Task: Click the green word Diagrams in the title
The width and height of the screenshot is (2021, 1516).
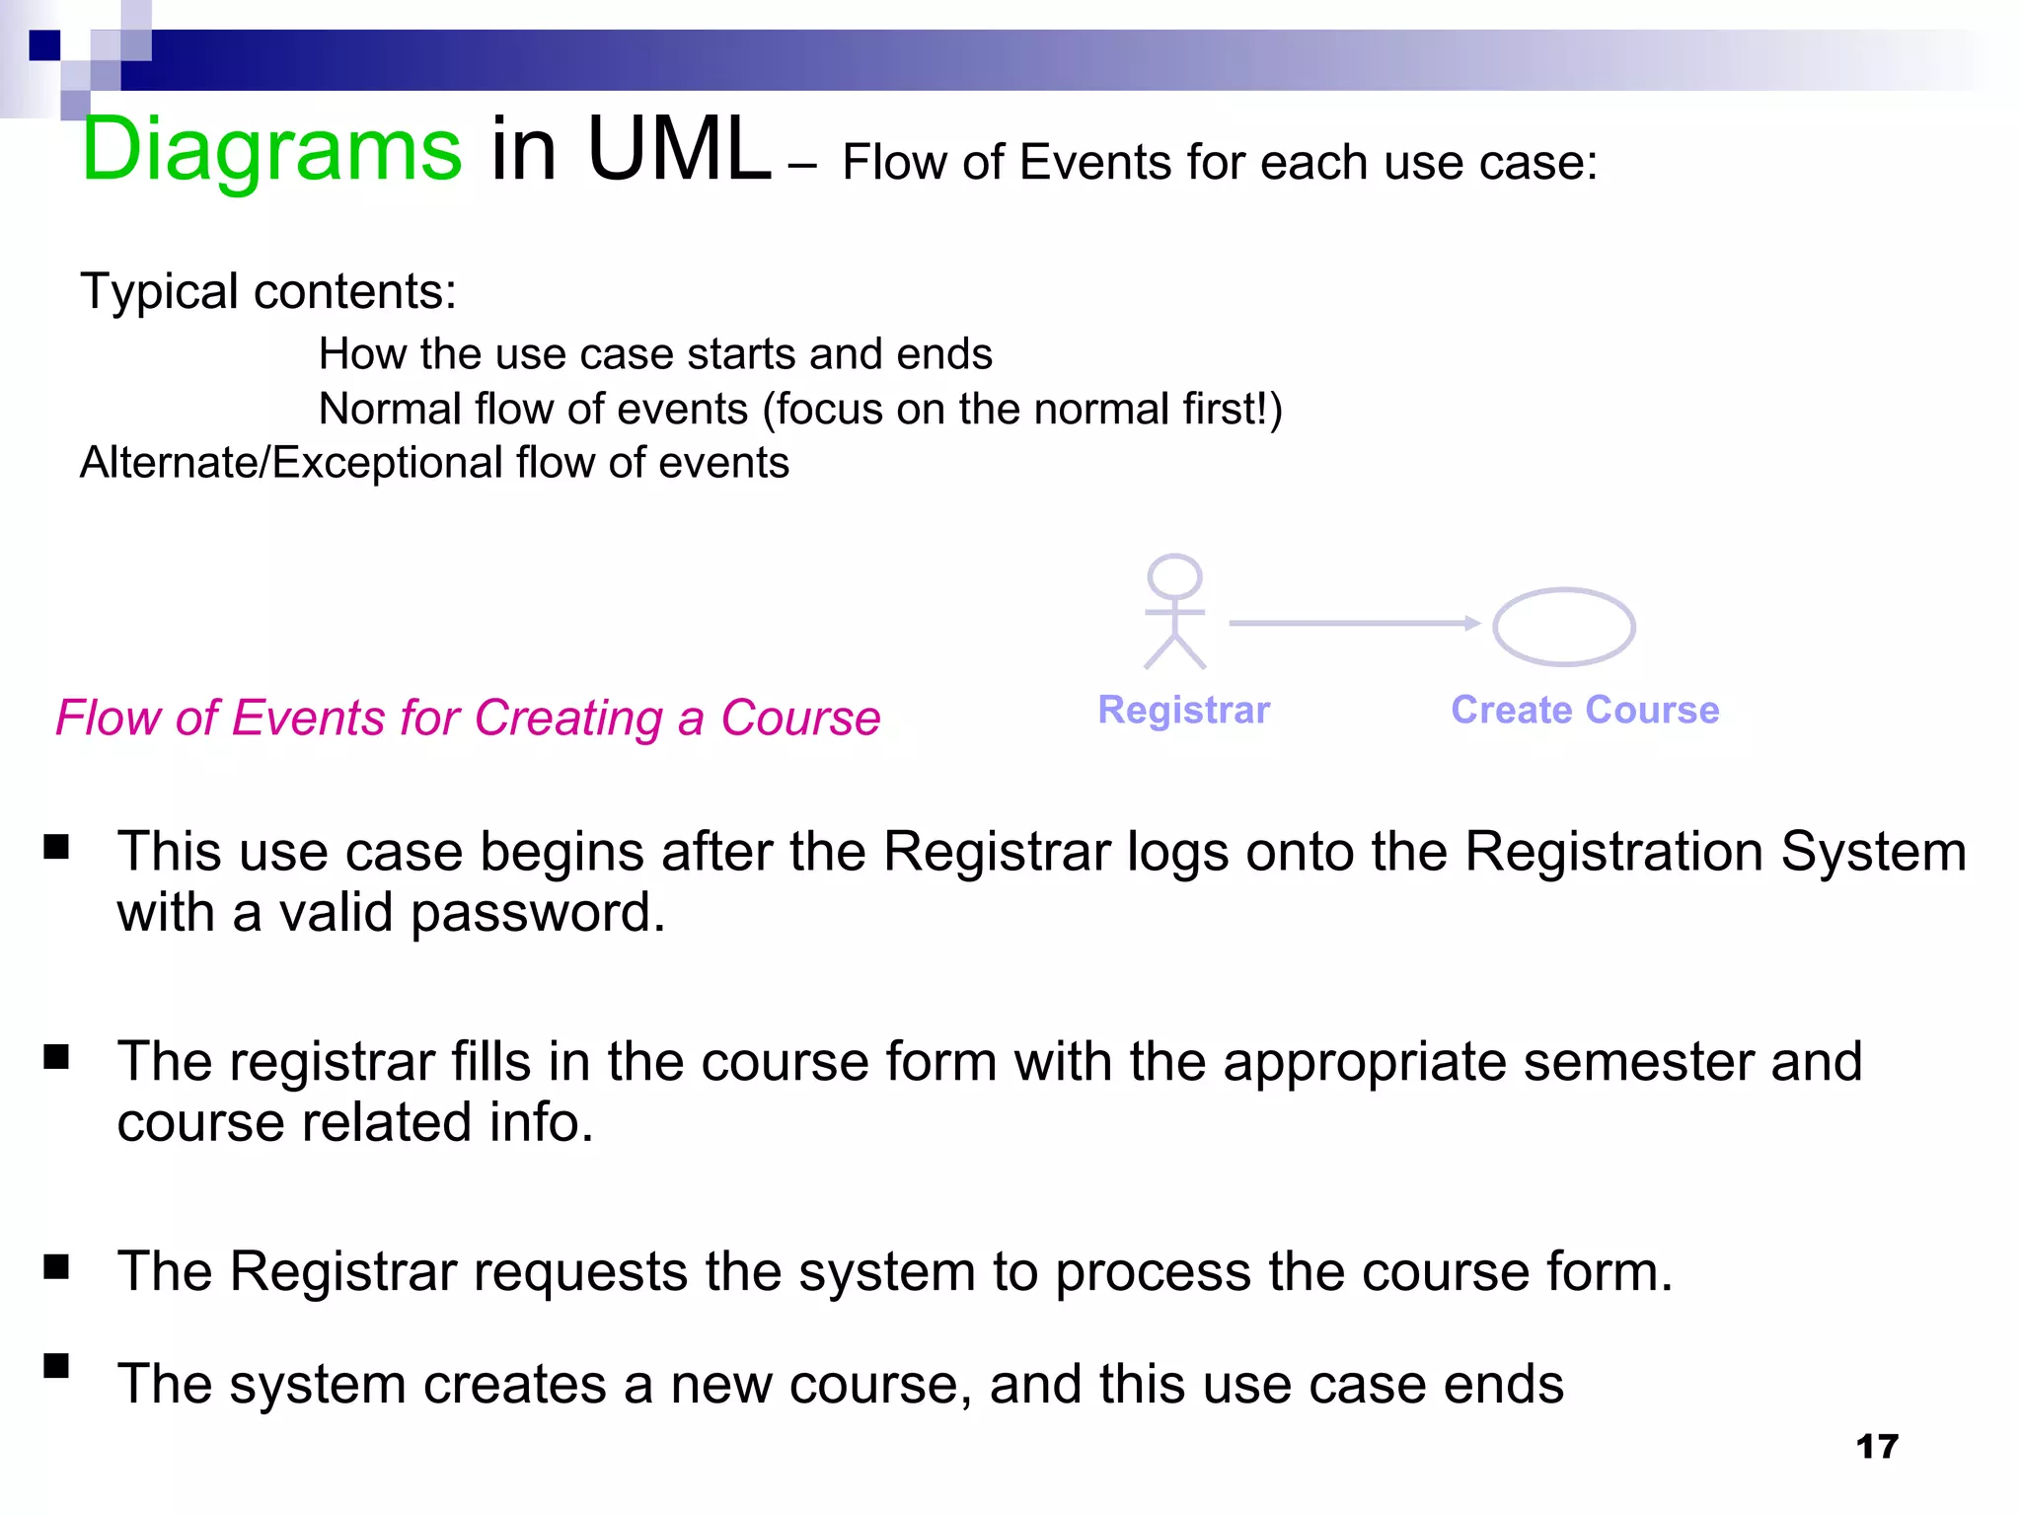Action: coord(271,150)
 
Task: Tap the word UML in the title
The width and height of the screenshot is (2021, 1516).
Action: coord(678,150)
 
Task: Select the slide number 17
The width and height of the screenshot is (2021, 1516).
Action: coord(1876,1447)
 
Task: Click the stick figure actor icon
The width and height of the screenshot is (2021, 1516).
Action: coord(1174,611)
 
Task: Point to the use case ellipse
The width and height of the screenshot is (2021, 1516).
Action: coord(1564,627)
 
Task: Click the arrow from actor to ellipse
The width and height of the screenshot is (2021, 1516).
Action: coord(1353,623)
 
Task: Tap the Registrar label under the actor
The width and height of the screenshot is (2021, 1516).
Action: coord(1183,710)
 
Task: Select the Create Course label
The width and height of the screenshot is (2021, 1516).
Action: coord(1585,710)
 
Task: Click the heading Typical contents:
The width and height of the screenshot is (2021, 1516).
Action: coord(268,292)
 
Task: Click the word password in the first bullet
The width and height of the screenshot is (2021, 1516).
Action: coord(538,913)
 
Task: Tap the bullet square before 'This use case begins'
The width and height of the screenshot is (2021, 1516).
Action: coord(56,847)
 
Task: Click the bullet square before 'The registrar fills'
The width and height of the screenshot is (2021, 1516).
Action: coord(56,1057)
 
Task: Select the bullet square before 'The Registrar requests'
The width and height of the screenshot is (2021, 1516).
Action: coord(56,1266)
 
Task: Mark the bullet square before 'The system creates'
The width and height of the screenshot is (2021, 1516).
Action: coord(56,1366)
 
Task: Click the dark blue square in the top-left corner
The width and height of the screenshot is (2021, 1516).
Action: coord(44,45)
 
